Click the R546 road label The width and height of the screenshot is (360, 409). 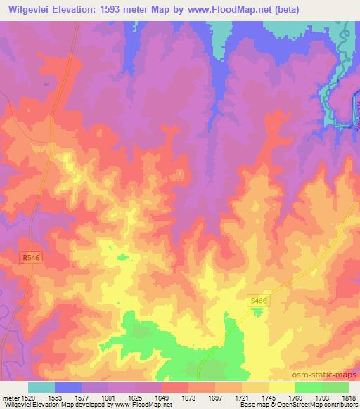pos(29,259)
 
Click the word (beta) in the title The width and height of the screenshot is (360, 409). pos(303,9)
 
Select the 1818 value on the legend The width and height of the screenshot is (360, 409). pos(347,398)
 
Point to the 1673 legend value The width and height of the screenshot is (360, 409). pos(188,398)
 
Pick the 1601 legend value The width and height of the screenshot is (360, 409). pos(109,398)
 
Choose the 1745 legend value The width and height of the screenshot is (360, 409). pos(268,398)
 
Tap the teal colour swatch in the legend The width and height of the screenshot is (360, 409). pos(41,387)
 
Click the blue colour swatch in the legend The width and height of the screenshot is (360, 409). pos(68,387)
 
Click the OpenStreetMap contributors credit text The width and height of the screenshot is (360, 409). pos(316,405)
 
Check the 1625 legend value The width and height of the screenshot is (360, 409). pos(136,398)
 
